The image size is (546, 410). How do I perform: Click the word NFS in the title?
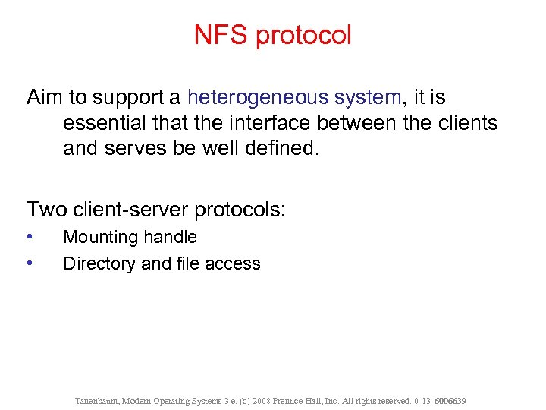click(x=218, y=35)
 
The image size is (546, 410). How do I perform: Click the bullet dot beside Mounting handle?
click(x=29, y=236)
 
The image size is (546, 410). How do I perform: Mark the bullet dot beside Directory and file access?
click(x=29, y=263)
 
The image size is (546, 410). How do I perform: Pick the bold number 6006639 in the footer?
click(x=449, y=399)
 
